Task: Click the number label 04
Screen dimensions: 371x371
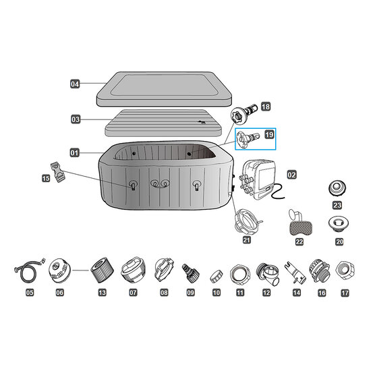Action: point(76,84)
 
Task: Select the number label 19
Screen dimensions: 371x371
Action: point(268,136)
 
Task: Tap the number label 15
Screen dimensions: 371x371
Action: point(46,178)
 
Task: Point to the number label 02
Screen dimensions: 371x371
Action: point(291,174)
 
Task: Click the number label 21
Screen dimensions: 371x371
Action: point(246,239)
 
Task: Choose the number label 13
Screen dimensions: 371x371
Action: point(102,293)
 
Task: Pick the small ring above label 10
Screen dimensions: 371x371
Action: point(217,275)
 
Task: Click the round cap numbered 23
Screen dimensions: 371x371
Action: point(336,188)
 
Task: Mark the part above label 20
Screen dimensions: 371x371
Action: point(335,223)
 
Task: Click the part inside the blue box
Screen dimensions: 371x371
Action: point(247,142)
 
